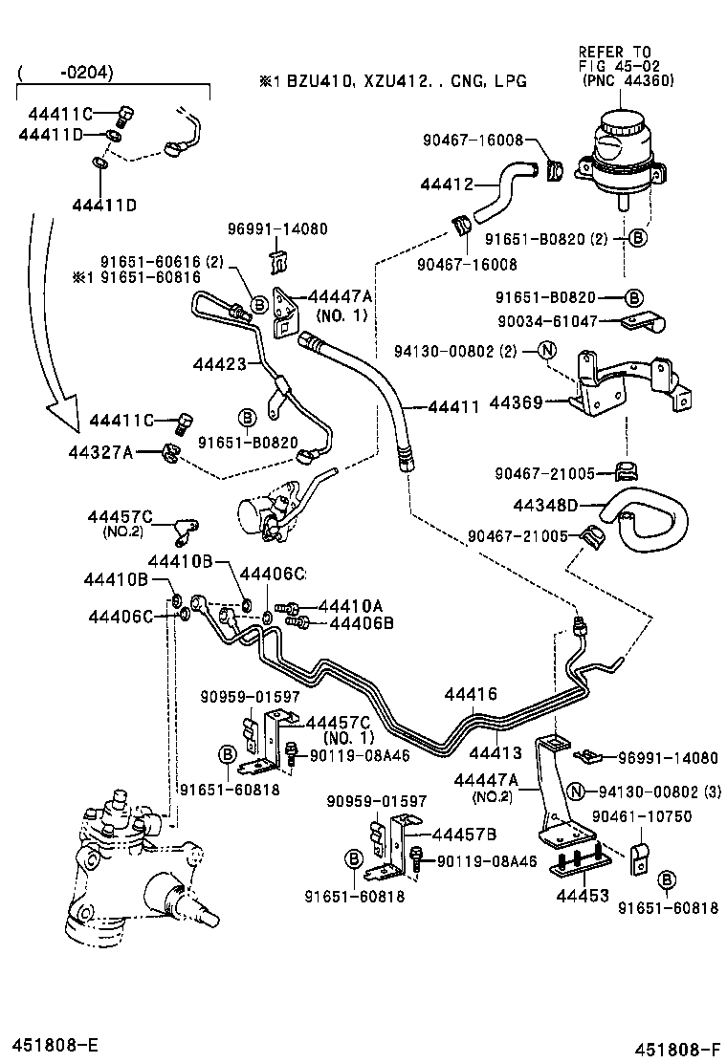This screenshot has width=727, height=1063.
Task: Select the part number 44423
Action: point(219,363)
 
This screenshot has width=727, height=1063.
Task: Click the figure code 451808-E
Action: point(56,1040)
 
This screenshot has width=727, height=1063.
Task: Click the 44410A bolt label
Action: point(350,606)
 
